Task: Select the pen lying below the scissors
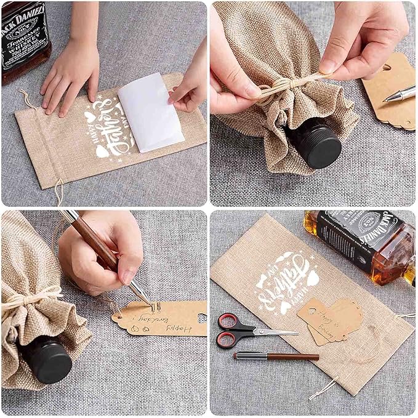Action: pos(276,356)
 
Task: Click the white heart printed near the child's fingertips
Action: pos(90,116)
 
